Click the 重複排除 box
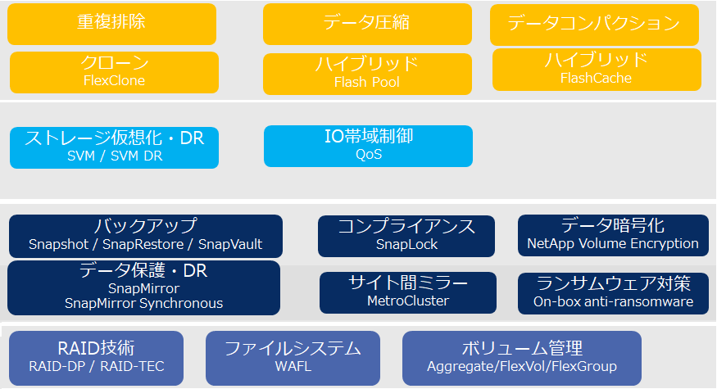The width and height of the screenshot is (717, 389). [x=111, y=24]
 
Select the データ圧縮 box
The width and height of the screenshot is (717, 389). [x=367, y=24]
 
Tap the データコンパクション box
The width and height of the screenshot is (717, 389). [x=594, y=25]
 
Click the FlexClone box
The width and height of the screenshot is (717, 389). [x=114, y=72]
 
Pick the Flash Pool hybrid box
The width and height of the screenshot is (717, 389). [x=367, y=74]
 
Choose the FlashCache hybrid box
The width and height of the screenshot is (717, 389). [x=597, y=70]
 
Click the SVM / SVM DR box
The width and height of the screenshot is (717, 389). [x=114, y=147]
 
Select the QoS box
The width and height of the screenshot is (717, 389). [x=368, y=146]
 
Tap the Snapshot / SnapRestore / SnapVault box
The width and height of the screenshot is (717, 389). [x=145, y=236]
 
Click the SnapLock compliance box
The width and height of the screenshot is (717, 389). [x=406, y=236]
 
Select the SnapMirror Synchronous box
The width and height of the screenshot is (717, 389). [x=143, y=287]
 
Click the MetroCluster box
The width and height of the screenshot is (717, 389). [x=408, y=292]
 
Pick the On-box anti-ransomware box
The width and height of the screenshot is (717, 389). [x=613, y=292]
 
